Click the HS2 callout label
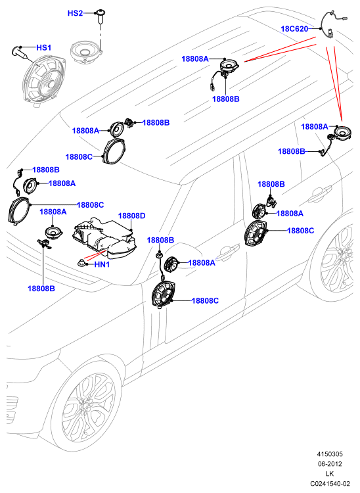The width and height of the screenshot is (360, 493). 75,13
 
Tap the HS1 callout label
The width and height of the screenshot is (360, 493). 43,48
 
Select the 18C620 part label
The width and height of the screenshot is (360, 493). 294,29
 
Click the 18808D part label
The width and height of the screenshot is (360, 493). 132,216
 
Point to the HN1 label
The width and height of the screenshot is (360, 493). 102,265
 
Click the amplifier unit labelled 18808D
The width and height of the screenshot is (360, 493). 104,238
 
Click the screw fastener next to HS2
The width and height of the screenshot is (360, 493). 101,17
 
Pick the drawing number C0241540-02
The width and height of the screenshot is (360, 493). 330,483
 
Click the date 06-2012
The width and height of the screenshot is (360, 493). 330,464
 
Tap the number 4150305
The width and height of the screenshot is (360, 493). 330,454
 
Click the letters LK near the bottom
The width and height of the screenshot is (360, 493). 330,473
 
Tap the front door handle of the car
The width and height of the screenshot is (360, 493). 228,252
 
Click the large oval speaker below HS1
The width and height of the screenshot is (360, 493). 44,80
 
